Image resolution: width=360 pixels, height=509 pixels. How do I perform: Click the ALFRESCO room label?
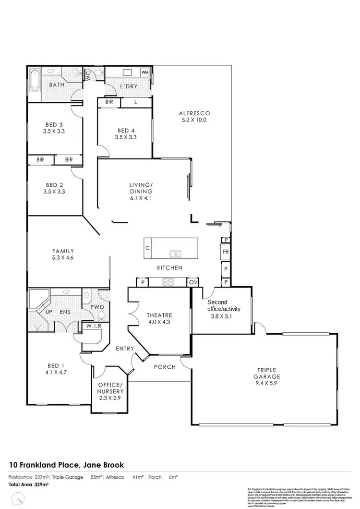(194, 113)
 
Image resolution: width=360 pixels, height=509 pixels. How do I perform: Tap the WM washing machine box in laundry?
(145, 72)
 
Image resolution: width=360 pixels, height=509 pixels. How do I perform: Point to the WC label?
(88, 75)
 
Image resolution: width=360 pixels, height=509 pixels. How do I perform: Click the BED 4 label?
(126, 130)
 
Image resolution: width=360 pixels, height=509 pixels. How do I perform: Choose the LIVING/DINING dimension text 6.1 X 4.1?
(141, 198)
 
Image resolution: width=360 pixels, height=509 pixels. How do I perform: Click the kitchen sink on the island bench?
(174, 253)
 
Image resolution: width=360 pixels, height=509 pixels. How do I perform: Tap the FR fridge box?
(226, 251)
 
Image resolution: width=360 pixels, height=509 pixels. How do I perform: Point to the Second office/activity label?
(224, 305)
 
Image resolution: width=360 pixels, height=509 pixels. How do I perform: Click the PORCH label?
(165, 367)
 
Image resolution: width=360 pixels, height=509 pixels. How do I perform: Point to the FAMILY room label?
(63, 251)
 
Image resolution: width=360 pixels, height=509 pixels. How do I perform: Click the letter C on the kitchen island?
(148, 249)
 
